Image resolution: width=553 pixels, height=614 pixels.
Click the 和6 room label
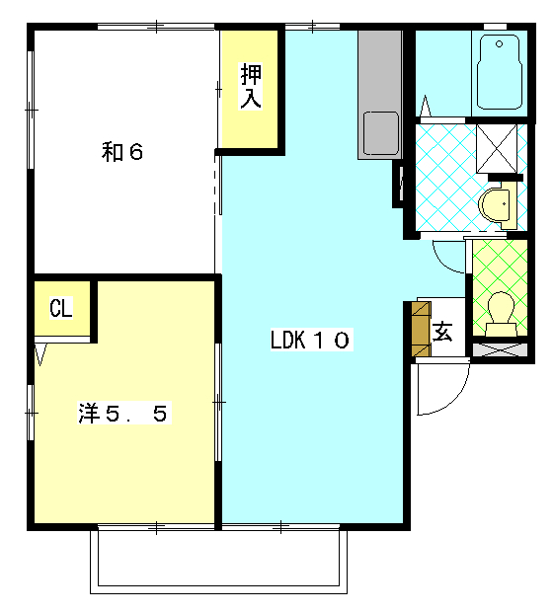122,152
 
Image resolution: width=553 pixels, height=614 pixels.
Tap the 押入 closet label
251,86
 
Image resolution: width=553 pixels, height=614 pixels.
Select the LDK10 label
311,340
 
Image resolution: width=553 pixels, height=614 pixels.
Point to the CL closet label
61,308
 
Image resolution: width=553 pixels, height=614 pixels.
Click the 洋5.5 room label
123,414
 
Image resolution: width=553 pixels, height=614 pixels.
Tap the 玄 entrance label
442,332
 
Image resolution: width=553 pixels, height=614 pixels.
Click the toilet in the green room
501,314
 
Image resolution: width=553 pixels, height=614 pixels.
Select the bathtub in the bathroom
500,72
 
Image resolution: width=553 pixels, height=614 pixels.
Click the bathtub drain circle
499,43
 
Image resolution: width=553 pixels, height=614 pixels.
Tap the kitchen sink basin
380,133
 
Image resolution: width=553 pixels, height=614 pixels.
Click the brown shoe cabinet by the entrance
422,329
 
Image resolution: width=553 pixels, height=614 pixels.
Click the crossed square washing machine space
497,148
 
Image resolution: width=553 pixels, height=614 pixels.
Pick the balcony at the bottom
218,561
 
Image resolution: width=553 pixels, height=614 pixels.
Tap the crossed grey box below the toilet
500,349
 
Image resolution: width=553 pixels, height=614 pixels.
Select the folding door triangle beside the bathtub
426,106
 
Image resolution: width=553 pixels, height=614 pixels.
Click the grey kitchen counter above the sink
380,70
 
